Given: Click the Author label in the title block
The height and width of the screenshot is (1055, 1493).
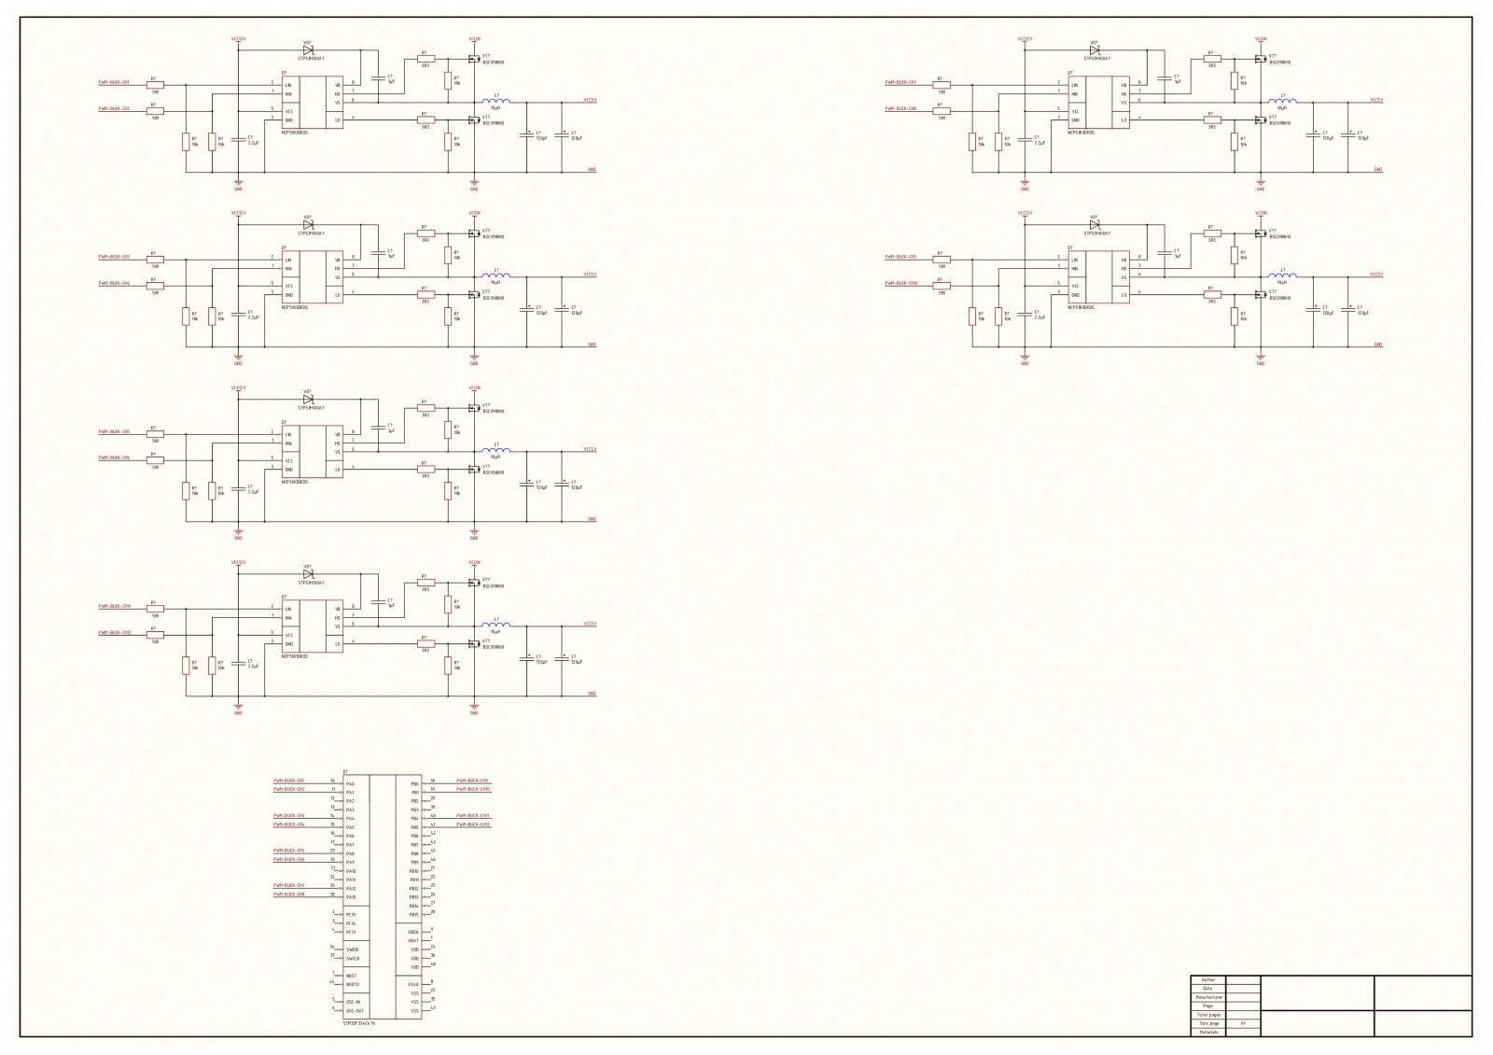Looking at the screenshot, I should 1207,979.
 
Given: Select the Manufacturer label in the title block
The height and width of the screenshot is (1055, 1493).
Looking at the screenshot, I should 1207,997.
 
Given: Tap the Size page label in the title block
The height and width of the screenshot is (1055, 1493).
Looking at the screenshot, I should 1207,1023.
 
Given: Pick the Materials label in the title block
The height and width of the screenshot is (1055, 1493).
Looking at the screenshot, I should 1207,1032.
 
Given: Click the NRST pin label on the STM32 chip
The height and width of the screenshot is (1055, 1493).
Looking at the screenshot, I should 351,976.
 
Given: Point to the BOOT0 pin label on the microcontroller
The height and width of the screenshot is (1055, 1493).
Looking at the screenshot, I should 352,984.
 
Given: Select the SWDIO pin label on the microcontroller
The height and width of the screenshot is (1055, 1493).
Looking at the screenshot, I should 353,949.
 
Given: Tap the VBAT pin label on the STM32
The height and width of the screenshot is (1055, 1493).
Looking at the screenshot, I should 413,940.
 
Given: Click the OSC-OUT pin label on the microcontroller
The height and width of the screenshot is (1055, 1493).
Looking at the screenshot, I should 355,1010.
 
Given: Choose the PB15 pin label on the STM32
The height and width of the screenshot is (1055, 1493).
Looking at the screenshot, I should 413,915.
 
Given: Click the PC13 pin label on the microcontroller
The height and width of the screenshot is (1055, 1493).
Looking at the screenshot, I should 351,932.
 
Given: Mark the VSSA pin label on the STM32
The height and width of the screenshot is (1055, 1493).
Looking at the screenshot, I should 413,984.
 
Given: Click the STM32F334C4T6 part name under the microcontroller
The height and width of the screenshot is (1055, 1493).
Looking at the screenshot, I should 359,1024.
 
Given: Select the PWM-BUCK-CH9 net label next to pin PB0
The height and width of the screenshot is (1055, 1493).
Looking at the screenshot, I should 472,781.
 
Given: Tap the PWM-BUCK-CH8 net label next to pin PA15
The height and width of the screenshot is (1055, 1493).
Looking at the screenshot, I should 288,894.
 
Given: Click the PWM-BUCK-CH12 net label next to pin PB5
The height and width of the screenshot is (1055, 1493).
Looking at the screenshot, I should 473,824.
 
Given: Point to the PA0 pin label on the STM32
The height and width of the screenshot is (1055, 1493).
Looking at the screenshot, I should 350,784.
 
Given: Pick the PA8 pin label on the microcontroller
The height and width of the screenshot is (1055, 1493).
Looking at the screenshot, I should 350,853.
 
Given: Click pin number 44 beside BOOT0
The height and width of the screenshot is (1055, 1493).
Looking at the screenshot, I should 331,981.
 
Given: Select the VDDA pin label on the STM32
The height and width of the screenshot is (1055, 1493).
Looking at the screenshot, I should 413,932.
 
